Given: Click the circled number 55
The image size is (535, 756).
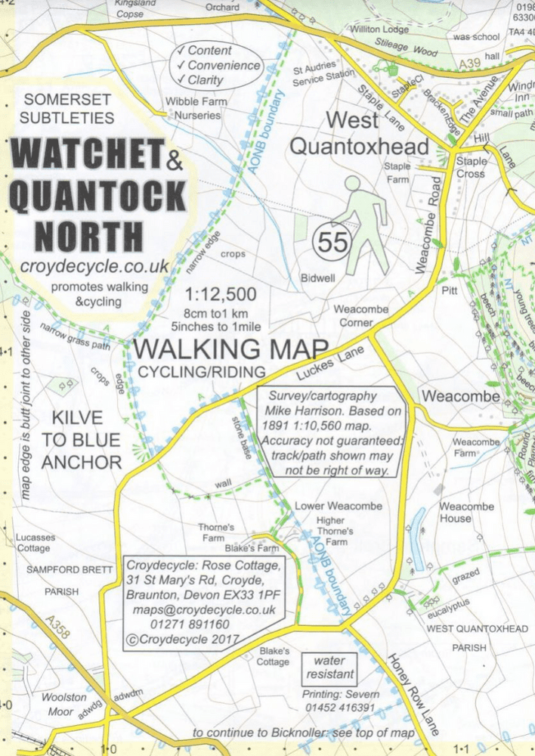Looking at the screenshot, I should click(332, 243).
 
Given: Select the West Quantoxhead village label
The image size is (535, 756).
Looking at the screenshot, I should click(359, 132).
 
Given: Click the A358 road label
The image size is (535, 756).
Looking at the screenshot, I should click(57, 627).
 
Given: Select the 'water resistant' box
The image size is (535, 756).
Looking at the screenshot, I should click(330, 667).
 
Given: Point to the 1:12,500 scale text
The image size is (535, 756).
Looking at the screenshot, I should click(223, 294).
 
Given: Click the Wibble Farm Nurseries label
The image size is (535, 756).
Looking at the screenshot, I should click(193, 109).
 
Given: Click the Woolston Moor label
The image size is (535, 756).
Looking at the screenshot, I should click(64, 703).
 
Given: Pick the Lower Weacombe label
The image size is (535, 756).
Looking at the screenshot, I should click(327, 506).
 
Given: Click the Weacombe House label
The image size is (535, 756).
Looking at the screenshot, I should click(466, 512).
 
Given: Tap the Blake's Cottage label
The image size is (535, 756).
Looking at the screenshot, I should click(273, 655).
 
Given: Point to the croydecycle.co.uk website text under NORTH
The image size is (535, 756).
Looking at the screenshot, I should click(94, 266).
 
